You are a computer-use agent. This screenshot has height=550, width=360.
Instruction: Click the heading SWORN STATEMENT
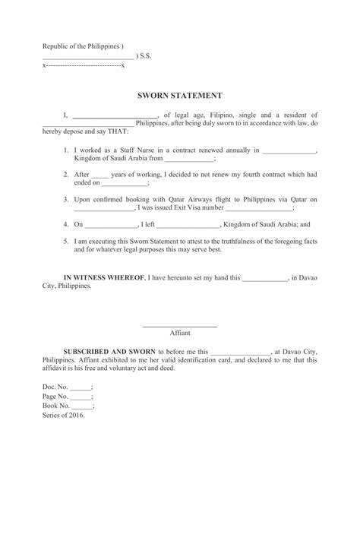click(179, 96)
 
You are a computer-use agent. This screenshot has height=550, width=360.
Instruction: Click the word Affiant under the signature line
click(180, 333)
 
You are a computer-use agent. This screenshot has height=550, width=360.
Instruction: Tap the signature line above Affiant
click(180, 326)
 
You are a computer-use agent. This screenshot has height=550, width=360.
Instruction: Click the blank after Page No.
click(81, 397)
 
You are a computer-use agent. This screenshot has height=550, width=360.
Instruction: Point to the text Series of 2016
click(64, 416)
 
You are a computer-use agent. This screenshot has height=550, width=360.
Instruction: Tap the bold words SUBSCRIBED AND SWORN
click(109, 352)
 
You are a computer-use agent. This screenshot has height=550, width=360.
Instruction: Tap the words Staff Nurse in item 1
click(131, 151)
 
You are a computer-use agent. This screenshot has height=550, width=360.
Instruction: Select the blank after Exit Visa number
click(259, 207)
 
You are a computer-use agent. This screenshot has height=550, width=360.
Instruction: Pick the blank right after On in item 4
click(111, 226)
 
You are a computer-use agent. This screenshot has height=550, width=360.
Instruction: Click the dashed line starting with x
click(84, 66)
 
